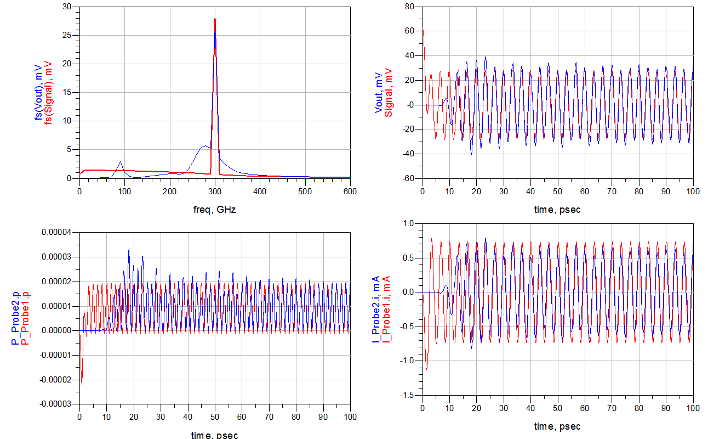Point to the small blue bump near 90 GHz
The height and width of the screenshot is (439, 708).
click(x=120, y=162)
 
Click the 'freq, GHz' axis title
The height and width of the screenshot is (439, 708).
click(x=214, y=210)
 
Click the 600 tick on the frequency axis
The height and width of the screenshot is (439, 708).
click(x=350, y=192)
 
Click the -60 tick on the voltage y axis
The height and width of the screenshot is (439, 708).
click(x=408, y=178)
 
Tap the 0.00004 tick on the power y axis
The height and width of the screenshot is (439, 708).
click(x=57, y=232)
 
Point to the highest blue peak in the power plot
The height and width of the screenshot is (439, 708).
click(x=129, y=250)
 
